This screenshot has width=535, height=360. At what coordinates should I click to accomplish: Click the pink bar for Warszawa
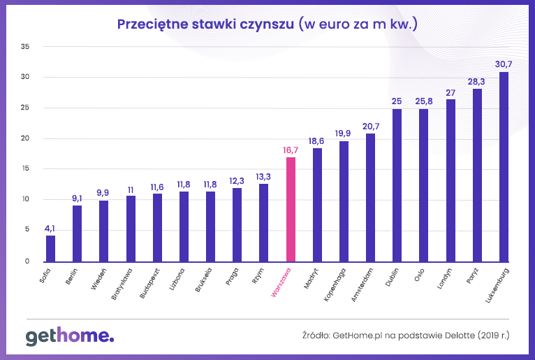(x=291, y=209)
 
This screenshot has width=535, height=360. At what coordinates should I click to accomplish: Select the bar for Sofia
(x=50, y=248)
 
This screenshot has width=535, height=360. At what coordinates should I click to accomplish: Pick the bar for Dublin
(x=397, y=185)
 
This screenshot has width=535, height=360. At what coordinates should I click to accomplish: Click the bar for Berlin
(x=77, y=233)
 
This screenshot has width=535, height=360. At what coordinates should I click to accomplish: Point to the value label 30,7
(x=504, y=64)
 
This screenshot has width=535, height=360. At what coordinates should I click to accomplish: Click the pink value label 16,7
(x=291, y=149)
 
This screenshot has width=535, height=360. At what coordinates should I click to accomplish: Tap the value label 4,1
(x=50, y=227)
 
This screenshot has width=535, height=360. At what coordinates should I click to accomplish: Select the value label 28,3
(x=477, y=81)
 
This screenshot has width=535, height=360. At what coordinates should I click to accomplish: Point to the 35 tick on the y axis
(x=25, y=47)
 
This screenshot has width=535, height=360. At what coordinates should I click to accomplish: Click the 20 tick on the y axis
(x=25, y=138)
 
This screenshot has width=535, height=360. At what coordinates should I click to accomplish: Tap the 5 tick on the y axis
(x=27, y=230)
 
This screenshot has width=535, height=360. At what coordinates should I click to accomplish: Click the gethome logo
(x=69, y=336)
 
